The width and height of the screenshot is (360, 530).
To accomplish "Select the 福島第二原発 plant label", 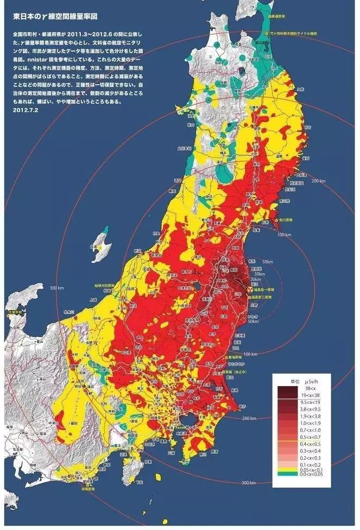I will click(262, 298).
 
